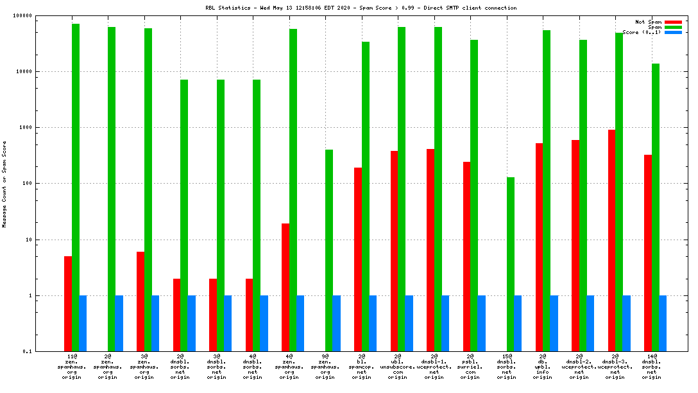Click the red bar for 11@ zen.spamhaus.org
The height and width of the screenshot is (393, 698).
tap(68, 304)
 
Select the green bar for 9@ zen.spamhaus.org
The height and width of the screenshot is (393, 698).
tap(329, 250)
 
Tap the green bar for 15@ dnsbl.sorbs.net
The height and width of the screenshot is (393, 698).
tap(511, 264)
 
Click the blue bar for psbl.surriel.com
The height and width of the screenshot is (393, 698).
tap(482, 323)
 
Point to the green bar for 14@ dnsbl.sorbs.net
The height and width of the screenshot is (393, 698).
tap(656, 207)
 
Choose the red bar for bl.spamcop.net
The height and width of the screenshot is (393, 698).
tap(358, 259)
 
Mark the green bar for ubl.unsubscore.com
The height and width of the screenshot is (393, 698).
tap(402, 189)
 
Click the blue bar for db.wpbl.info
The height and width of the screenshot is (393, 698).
tap(554, 323)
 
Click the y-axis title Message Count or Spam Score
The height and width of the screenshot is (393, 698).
tap(4, 184)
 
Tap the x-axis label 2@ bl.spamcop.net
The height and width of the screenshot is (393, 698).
tap(362, 365)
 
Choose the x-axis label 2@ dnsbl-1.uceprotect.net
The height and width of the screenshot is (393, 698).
tap(434, 365)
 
